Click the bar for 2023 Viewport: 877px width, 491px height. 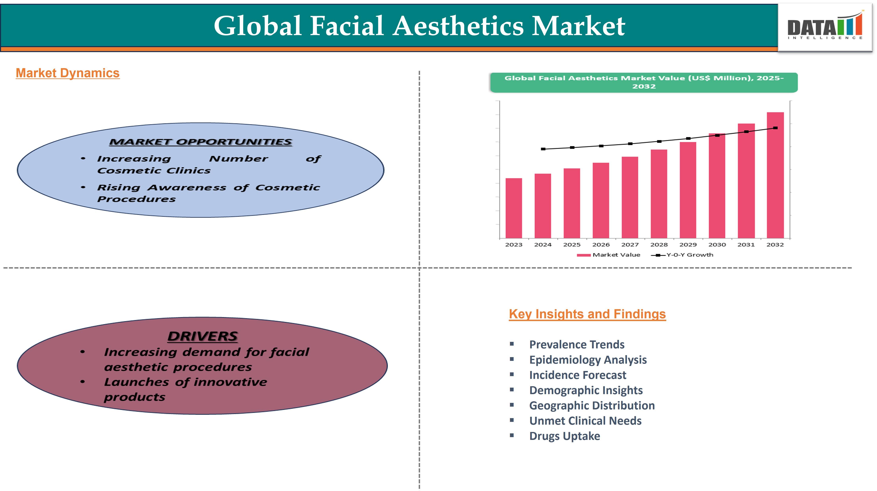click(x=514, y=208)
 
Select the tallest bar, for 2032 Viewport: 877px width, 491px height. click(x=775, y=175)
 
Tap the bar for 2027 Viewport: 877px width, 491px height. click(x=630, y=197)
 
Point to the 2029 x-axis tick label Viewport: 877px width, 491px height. click(x=688, y=244)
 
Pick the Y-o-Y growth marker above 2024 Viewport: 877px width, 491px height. click(x=543, y=149)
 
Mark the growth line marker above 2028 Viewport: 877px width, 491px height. click(x=659, y=141)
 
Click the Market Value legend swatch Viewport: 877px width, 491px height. click(x=583, y=255)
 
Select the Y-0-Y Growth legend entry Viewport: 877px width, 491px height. click(x=682, y=255)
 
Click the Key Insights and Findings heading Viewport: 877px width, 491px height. click(x=587, y=314)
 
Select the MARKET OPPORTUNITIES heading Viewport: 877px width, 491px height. click(x=200, y=142)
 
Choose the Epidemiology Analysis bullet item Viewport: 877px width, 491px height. click(x=588, y=360)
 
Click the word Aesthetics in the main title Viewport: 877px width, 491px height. click(x=458, y=26)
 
